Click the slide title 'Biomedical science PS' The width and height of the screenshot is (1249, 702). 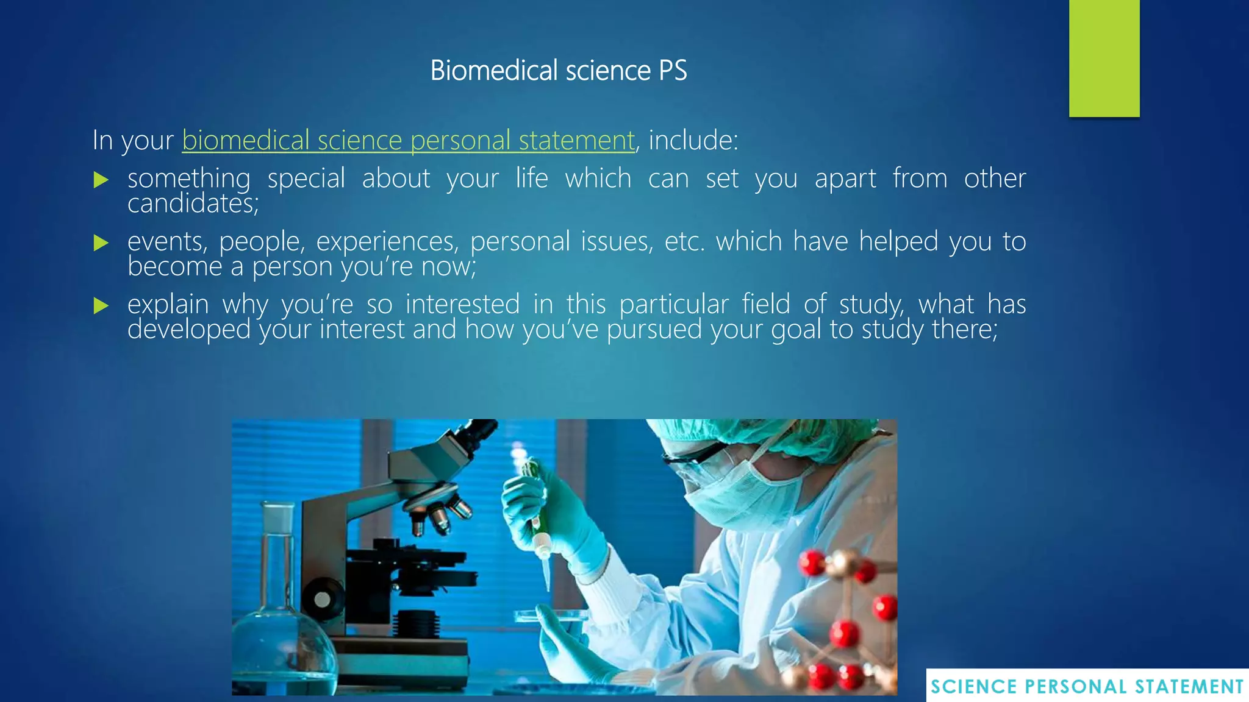click(x=558, y=71)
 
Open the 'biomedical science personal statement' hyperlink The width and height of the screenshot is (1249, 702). click(x=408, y=141)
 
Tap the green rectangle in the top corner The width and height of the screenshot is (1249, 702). click(x=1104, y=58)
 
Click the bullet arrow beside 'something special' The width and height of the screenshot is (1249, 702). click(x=101, y=180)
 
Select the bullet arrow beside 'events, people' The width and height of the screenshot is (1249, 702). click(x=101, y=243)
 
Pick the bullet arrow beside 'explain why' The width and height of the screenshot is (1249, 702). click(x=101, y=305)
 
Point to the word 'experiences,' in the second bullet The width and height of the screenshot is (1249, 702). click(x=387, y=242)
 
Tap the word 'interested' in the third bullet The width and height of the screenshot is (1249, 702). click(x=462, y=305)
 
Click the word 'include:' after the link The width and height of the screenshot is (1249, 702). click(x=693, y=141)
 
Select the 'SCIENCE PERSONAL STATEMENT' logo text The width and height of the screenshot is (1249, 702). click(x=1087, y=687)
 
